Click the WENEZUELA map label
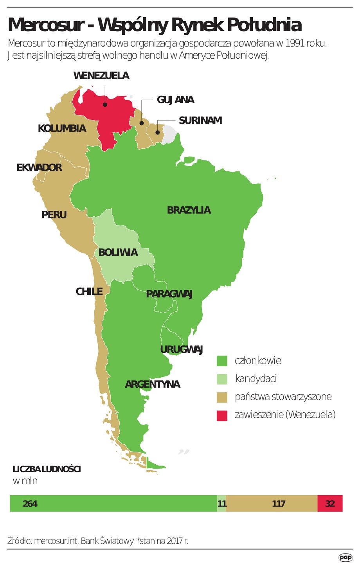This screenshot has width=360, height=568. [x=101, y=75]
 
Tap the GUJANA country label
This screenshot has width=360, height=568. [x=175, y=100]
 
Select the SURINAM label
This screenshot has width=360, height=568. [x=200, y=120]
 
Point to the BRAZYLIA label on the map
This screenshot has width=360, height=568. [x=189, y=210]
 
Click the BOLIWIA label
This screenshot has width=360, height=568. [x=118, y=252]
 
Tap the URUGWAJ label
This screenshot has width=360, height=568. [x=181, y=349]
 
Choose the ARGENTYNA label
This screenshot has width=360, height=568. [x=152, y=384]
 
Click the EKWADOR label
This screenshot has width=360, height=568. [x=39, y=168]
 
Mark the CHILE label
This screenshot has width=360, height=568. [x=89, y=291]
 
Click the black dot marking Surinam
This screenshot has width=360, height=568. [x=157, y=132]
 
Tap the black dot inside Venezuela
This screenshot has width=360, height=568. [x=105, y=104]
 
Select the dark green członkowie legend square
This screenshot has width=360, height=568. [x=222, y=361]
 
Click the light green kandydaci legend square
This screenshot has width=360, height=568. [x=222, y=379]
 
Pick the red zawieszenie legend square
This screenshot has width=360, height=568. [x=222, y=415]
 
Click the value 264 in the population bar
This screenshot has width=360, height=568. [x=30, y=503]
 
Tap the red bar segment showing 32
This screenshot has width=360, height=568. [x=330, y=503]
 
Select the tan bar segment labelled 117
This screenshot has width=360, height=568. [x=278, y=503]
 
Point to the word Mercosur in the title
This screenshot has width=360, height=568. [x=45, y=25]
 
